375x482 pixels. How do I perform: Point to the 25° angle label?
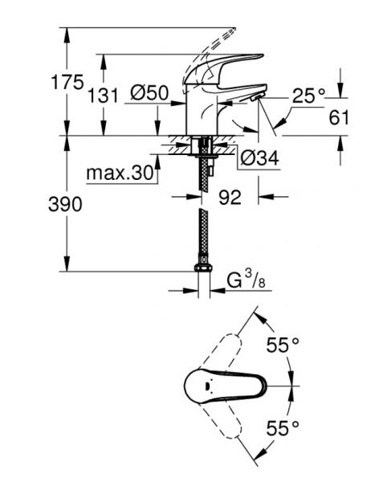(x=308, y=96)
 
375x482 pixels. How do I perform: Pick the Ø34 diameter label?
(x=258, y=159)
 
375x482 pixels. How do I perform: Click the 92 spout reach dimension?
(x=230, y=196)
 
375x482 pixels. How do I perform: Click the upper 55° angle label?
(x=282, y=345)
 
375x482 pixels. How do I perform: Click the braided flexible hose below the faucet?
(x=202, y=233)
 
